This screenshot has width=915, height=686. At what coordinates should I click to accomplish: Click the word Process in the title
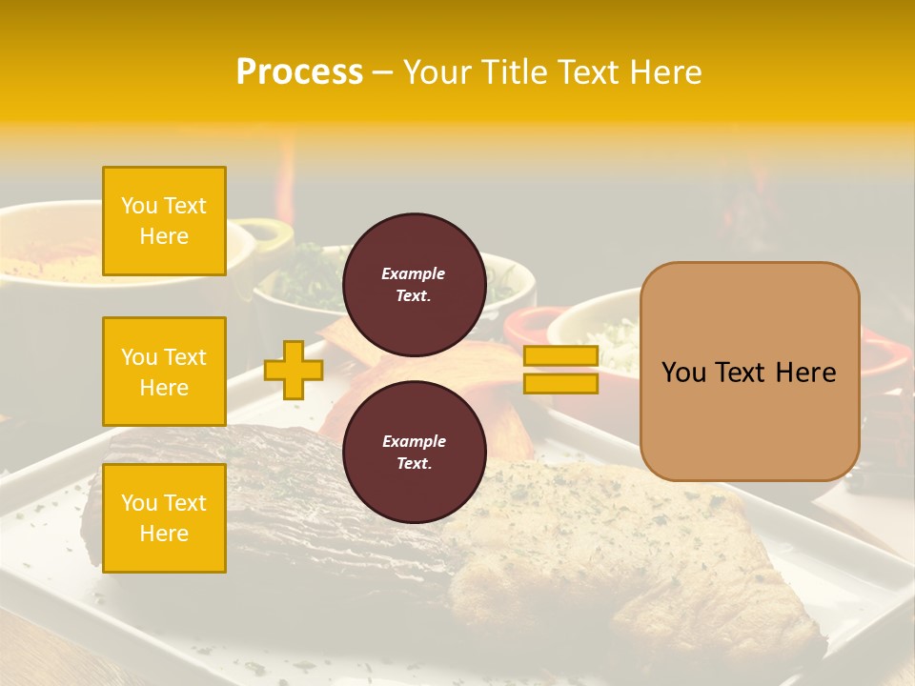[299, 72]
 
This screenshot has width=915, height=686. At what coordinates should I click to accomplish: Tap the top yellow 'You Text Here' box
[164, 221]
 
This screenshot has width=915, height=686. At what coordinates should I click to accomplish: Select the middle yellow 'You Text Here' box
[164, 372]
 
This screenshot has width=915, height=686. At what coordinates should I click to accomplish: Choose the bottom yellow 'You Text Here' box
[164, 518]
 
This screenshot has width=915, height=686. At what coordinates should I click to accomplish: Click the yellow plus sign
[293, 370]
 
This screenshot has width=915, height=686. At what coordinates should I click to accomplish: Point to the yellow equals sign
[560, 370]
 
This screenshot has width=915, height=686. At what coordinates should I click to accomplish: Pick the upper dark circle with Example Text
[414, 285]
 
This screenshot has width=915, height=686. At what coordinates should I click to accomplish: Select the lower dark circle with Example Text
[414, 453]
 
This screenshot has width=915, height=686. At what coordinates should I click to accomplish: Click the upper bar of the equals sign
[560, 356]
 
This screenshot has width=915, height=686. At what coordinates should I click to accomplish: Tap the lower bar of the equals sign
[560, 383]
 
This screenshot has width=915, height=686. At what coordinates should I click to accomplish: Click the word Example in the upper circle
[414, 273]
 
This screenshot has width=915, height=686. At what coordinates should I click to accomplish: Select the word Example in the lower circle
[414, 441]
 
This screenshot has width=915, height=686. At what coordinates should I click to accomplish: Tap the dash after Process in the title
[383, 72]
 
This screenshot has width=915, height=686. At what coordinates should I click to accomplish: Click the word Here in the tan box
[806, 373]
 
